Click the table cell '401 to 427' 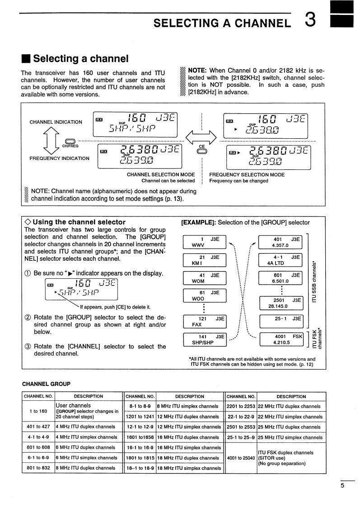pos(38,427)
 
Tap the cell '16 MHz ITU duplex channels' pos(190,437)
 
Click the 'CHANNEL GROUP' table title pos(46,384)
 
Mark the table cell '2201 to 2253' pos(240,406)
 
